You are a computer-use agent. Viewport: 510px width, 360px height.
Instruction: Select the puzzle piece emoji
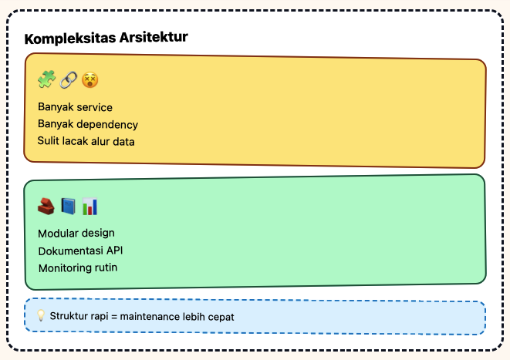coord(46,79)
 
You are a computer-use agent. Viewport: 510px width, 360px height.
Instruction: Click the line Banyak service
coord(75,107)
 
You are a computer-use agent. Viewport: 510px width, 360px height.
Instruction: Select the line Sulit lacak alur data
coord(86,141)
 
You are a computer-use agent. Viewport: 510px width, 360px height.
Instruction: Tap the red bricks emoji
coord(46,206)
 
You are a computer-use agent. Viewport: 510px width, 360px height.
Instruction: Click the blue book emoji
coord(69,206)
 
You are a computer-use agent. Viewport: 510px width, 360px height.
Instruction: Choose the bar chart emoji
coord(90,206)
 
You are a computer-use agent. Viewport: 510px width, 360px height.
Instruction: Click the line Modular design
coord(76,233)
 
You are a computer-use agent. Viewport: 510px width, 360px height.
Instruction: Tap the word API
coord(113,251)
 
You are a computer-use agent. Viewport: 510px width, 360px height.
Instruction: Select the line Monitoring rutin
coord(77,267)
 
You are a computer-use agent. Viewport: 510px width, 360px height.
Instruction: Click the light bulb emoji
coord(41,315)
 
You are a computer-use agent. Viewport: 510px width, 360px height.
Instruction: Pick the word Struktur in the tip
coord(69,316)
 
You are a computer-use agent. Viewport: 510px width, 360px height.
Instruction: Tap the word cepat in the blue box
coord(220,316)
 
